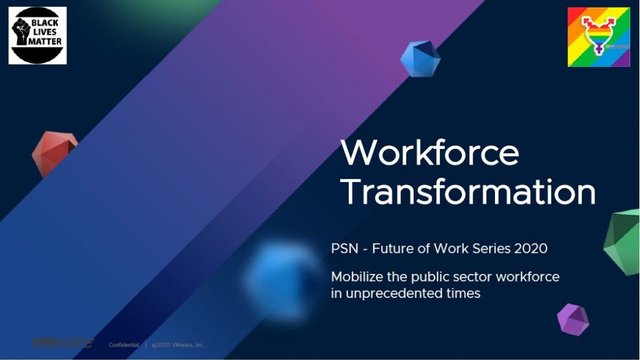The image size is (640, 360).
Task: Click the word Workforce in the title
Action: (430, 153)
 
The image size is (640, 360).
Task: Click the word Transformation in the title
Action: (467, 192)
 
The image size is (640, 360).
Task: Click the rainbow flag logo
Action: (598, 38)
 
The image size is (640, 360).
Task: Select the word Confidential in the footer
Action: (124, 343)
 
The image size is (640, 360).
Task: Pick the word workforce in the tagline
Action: (522, 276)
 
